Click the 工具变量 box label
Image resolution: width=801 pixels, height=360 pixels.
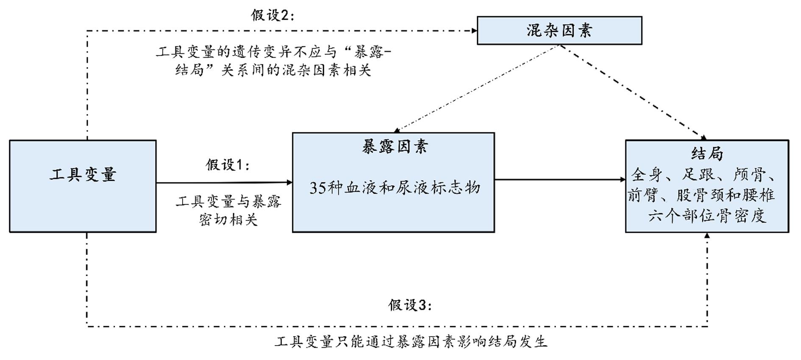(83, 174)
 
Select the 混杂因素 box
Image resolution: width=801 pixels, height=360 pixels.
(559, 31)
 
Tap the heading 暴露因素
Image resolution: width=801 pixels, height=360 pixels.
(395, 147)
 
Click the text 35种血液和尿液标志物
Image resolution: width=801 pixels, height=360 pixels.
(395, 187)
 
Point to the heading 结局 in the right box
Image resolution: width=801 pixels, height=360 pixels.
(707, 153)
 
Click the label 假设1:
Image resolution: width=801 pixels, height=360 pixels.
(228, 165)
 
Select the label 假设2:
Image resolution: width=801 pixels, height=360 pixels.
(272, 15)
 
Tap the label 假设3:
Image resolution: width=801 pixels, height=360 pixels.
(410, 305)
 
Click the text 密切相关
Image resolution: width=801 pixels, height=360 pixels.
(228, 220)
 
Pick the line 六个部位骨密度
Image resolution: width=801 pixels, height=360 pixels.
(707, 216)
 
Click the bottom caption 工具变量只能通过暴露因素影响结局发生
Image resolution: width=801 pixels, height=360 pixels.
(411, 341)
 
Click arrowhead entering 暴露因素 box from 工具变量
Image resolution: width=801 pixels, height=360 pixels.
(290, 183)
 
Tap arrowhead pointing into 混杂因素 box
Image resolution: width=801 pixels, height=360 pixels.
(474, 30)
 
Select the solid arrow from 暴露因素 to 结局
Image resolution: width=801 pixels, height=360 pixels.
(559, 179)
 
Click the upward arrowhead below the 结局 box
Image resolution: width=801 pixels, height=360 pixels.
(707, 236)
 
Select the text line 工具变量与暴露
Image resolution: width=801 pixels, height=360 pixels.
(228, 201)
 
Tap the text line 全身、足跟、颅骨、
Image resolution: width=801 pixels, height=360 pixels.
(704, 174)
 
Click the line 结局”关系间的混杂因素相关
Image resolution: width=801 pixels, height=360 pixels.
(273, 70)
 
